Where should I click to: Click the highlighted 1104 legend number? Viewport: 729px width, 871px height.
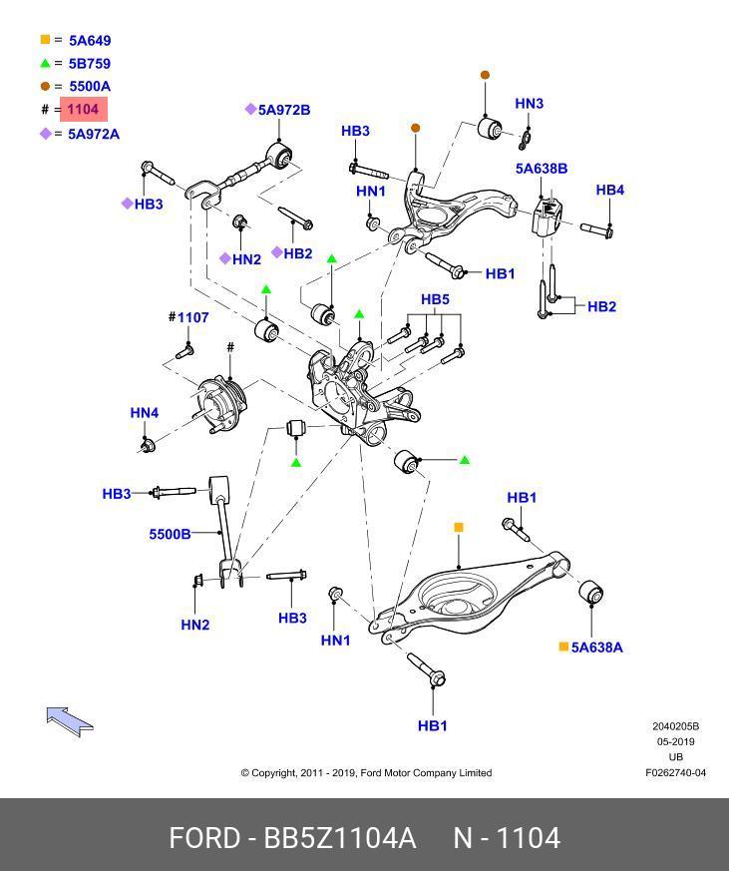pos(84,109)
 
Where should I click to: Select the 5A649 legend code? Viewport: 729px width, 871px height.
pos(90,41)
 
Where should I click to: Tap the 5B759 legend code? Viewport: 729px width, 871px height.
pos(90,64)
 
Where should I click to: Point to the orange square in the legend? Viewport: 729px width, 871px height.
pos(46,40)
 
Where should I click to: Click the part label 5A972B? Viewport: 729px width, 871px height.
pos(284,110)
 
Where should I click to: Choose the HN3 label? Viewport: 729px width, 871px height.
pos(530,104)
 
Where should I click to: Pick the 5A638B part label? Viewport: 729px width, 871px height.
pos(542,169)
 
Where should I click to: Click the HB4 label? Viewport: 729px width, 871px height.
pos(609,190)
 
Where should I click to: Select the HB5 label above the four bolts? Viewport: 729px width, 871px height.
pos(435,299)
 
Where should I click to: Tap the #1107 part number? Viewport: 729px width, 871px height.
pos(188,317)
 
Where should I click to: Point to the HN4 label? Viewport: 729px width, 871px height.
pos(145,413)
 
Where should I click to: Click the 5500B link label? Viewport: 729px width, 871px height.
pos(170,535)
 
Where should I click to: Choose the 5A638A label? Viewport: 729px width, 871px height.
pos(596,648)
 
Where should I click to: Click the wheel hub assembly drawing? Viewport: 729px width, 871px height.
pos(219,404)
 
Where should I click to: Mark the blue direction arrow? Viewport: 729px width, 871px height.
pos(70,721)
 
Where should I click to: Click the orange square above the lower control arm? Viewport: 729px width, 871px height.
pos(459,527)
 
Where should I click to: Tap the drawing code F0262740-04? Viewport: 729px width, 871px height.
pos(676,772)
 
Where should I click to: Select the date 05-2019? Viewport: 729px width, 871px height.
pos(676,741)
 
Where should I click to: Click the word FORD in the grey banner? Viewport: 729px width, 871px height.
pos(204,838)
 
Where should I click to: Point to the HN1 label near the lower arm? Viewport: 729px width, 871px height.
pos(335,641)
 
